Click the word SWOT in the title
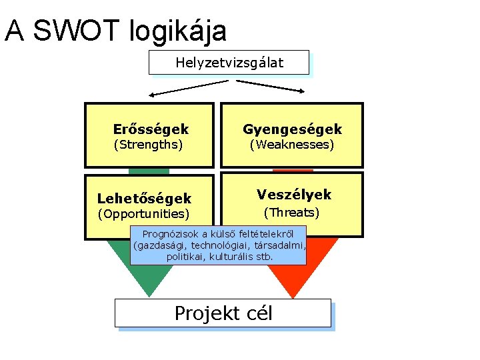coord(75,31)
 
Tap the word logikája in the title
coord(180,31)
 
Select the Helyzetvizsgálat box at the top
coord(229,63)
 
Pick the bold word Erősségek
coord(151,129)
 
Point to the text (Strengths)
coord(148,144)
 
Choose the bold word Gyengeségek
coord(292,129)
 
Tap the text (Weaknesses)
coord(291,144)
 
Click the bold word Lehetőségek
coord(144,199)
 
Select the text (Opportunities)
coord(143,214)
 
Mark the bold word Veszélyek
coord(294,195)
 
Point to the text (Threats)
coord(291,213)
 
